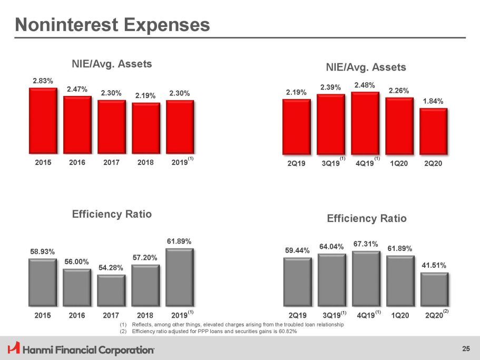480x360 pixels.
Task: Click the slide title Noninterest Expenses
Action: (x=112, y=24)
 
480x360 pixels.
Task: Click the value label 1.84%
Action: (x=433, y=101)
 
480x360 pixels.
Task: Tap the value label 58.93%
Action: (x=42, y=251)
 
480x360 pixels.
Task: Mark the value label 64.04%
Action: (x=331, y=246)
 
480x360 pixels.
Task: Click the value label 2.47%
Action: (x=77, y=90)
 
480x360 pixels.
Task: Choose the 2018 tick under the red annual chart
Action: (x=145, y=162)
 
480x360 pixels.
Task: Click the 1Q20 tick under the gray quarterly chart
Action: (x=400, y=315)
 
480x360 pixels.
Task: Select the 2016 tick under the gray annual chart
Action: (x=77, y=315)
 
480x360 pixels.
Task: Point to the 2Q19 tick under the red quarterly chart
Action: (x=297, y=163)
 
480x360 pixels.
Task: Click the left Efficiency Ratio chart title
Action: (x=112, y=214)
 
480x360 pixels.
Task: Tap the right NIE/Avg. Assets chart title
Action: (x=366, y=67)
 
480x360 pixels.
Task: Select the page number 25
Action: (x=465, y=348)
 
